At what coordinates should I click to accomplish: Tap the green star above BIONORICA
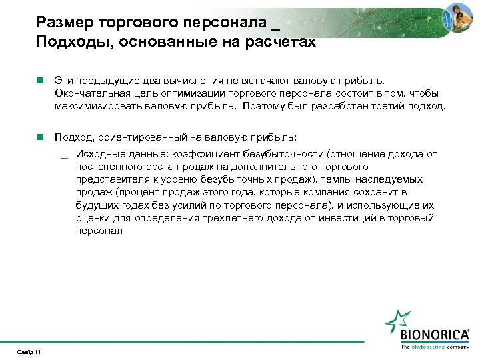pos(399,321)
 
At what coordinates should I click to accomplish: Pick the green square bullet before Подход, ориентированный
pos(41,137)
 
